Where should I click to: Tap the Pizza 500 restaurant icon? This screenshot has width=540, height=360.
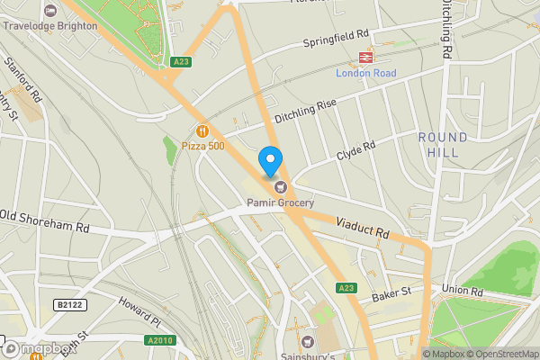pos(202,130)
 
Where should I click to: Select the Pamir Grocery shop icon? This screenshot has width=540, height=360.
pos(282,187)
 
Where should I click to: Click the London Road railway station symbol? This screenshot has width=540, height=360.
pos(366,56)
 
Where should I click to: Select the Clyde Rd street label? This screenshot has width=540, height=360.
pos(355,149)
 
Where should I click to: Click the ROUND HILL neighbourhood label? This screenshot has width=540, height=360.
pos(443,145)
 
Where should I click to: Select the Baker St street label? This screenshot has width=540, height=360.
pos(391,293)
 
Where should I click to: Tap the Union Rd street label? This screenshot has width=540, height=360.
pos(463,292)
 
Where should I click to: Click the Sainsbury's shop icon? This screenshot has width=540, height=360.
pos(308,341)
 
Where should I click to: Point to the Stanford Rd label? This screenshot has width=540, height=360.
pos(23,80)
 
